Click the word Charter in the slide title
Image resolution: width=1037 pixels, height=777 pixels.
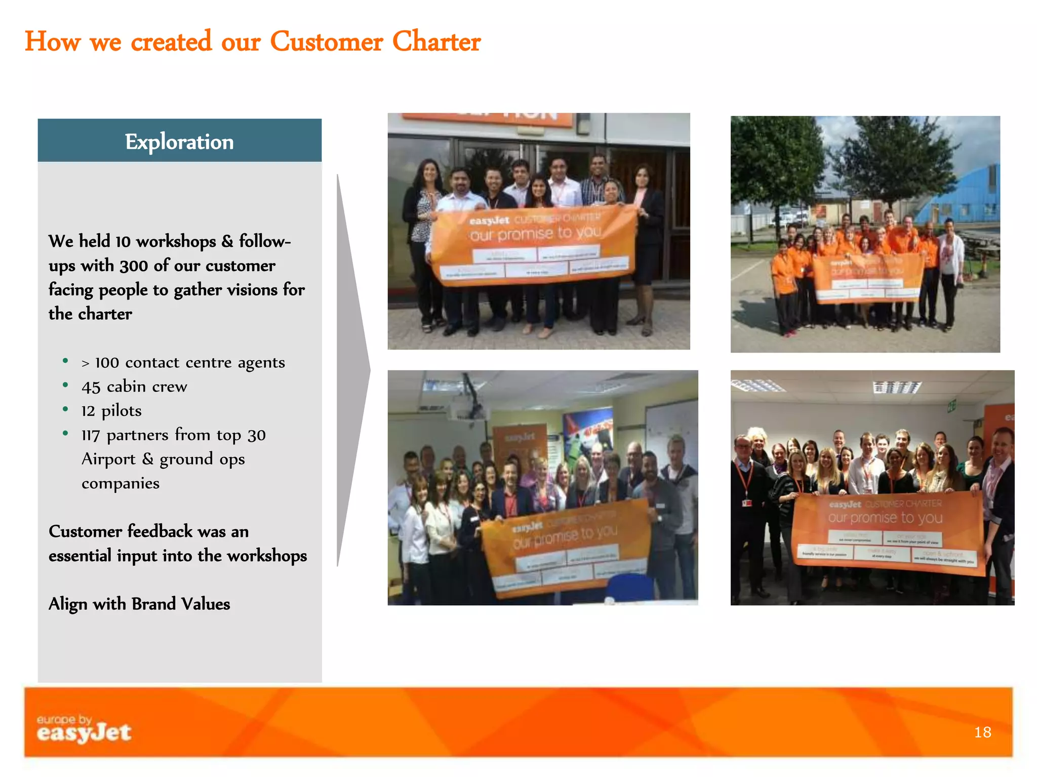click(436, 41)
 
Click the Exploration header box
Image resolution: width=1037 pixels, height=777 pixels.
click(179, 141)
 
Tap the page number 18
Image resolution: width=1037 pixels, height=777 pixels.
click(982, 732)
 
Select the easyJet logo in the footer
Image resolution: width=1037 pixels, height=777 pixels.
click(84, 729)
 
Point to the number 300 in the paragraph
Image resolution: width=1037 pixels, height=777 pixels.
click(134, 266)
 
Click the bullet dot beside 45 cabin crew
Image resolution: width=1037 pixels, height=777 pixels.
click(65, 385)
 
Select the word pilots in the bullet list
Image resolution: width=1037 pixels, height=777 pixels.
click(122, 411)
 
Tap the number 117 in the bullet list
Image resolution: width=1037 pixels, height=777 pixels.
click(91, 435)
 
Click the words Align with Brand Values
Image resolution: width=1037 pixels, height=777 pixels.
click(139, 604)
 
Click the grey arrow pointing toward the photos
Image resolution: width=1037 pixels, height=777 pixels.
click(353, 369)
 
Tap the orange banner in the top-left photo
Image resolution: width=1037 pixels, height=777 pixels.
click(534, 245)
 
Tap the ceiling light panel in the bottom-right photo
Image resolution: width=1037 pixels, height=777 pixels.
click(896, 387)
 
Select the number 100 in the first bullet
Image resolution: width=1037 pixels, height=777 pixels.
click(107, 363)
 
